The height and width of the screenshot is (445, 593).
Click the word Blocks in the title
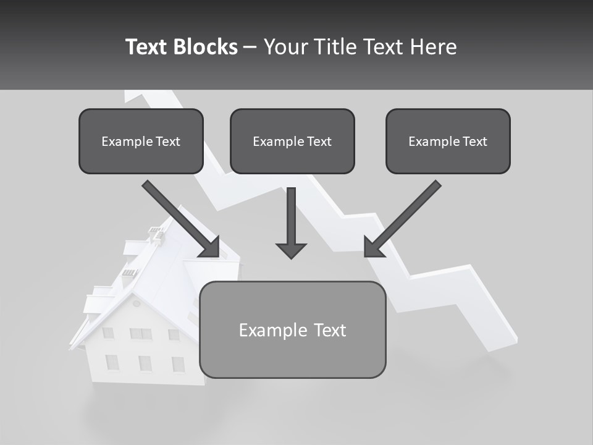click(206, 47)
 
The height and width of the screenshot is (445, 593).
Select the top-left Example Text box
click(141, 141)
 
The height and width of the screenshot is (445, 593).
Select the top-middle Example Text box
click(292, 141)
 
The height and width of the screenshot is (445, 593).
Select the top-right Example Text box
click(448, 141)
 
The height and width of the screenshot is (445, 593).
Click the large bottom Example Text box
click(292, 329)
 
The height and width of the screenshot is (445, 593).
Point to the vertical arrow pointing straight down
click(291, 222)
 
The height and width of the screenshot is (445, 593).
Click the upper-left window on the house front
click(107, 333)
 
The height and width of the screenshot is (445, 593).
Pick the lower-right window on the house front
click(178, 364)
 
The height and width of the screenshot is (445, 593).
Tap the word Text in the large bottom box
click(329, 330)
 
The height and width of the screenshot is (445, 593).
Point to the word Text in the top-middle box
click(319, 142)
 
